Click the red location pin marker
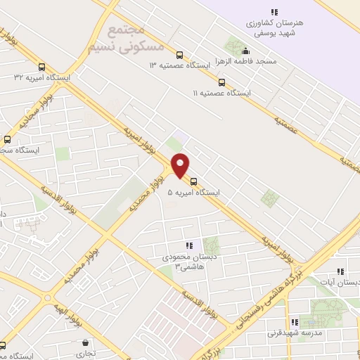coord(181,165)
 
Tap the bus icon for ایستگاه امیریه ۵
coord(194,181)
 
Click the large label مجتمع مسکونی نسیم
coord(127,39)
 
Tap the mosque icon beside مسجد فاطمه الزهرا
coord(245,51)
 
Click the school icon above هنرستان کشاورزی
coord(274,12)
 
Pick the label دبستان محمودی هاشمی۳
coord(187,262)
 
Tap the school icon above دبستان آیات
coord(341,271)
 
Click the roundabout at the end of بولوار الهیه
coord(47,297)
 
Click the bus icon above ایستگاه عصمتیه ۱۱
coord(221,82)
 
